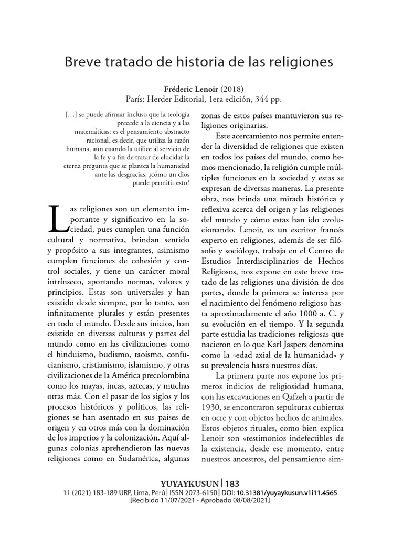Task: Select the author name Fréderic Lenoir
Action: pos(187,88)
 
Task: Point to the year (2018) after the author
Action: pos(232,88)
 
